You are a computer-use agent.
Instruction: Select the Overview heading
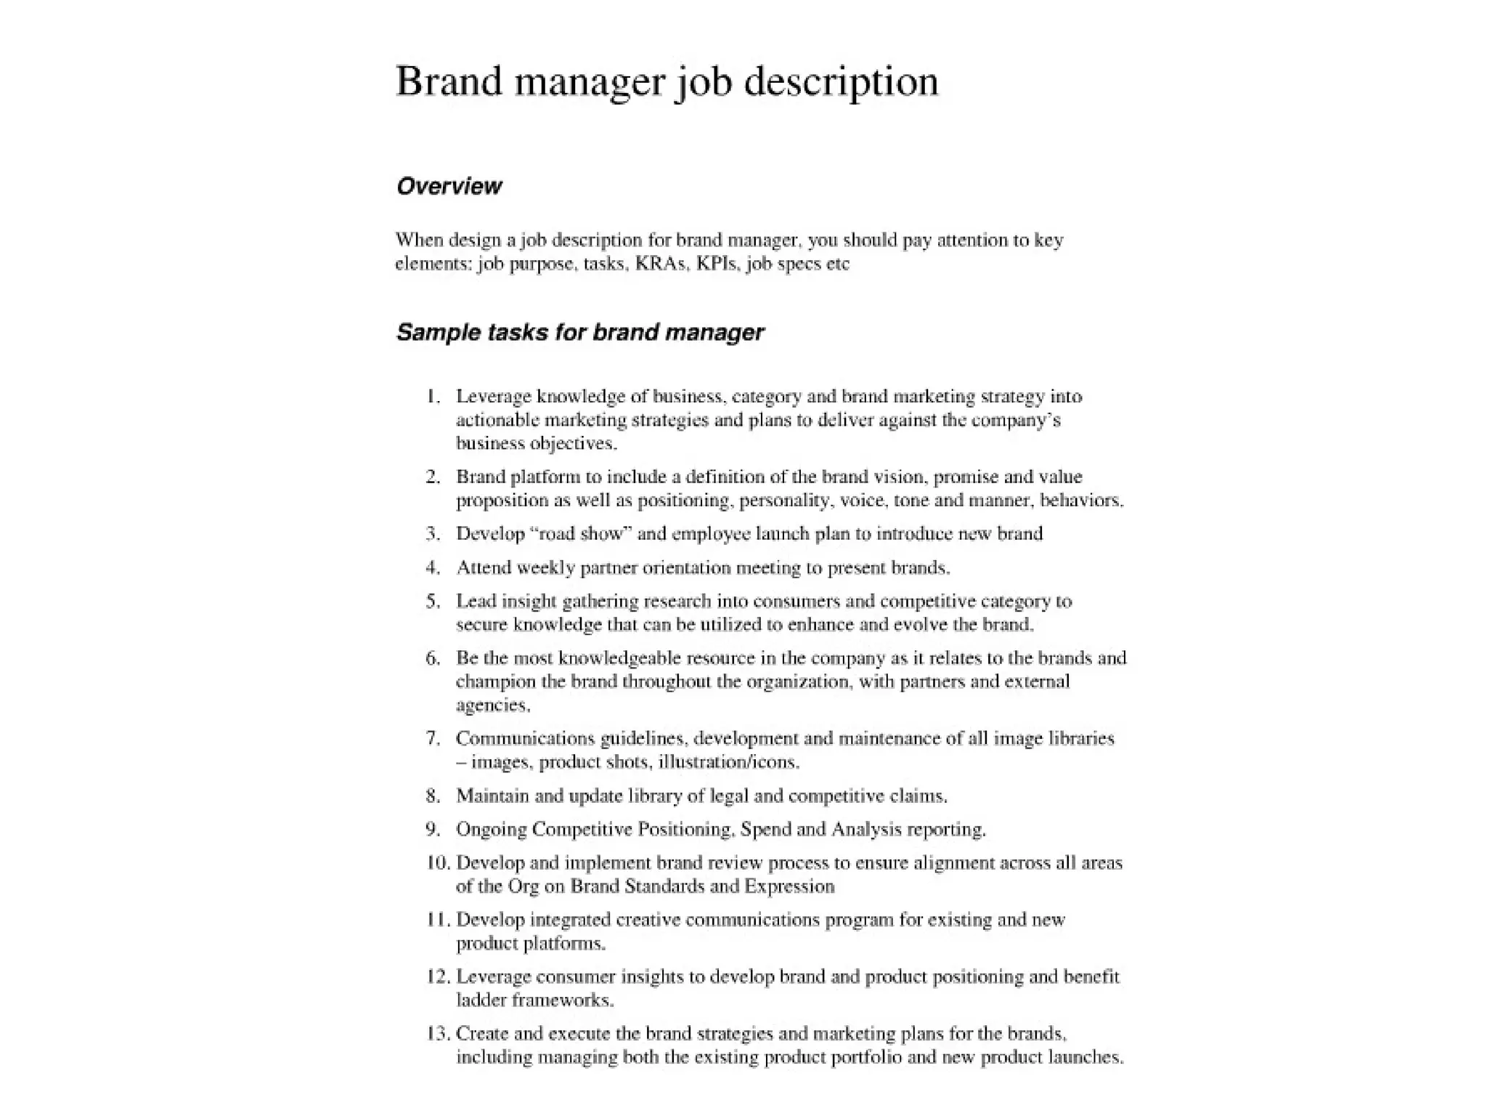[x=449, y=187]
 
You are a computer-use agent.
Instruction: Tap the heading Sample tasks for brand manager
[x=579, y=333]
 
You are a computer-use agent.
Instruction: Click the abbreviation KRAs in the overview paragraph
[x=660, y=264]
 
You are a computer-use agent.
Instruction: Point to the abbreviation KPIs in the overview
[x=717, y=264]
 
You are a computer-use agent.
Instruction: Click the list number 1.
[x=433, y=397]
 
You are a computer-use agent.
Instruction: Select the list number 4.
[x=433, y=567]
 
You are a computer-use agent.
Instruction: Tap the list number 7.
[x=433, y=739]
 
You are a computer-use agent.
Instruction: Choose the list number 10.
[x=438, y=863]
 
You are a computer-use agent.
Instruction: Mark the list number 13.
[x=438, y=1034]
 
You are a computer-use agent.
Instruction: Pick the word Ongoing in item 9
[x=491, y=830]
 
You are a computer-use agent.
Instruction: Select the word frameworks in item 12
[x=563, y=1000]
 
